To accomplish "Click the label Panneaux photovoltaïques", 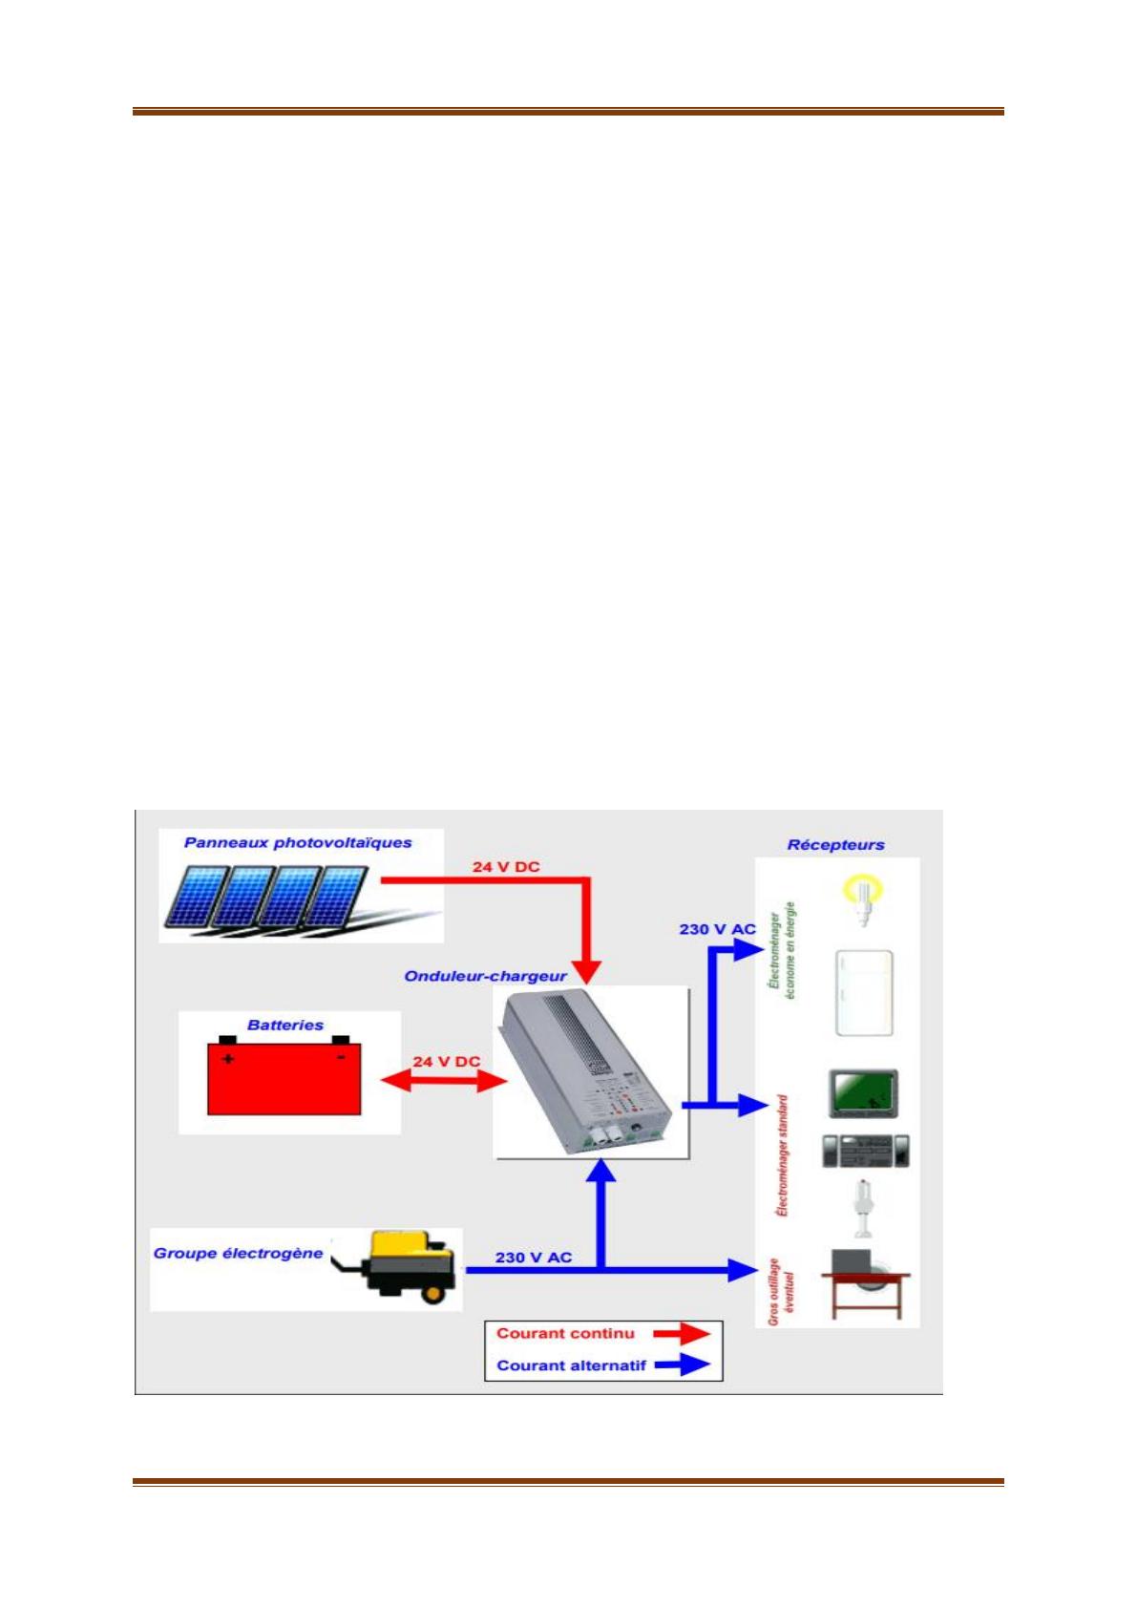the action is coord(298,843).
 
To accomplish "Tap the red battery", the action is coord(284,1076).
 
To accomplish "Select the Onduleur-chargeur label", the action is coord(485,976).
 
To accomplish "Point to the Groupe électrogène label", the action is coord(238,1254).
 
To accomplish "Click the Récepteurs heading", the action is coord(835,845).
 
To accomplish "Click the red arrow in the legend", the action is coord(682,1334).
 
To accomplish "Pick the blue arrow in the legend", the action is coord(682,1365).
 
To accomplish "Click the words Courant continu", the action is coord(565,1333).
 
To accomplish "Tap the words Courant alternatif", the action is coord(571,1365).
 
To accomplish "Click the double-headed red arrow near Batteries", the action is coord(443,1081).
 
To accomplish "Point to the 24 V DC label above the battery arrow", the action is coord(446,1062).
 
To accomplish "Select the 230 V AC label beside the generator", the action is coord(534,1258).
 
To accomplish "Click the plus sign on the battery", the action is coord(227,1058).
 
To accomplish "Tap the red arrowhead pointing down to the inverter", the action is coord(589,972).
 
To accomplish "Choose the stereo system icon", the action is coord(866,1151).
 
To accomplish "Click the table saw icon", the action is coord(866,1284).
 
